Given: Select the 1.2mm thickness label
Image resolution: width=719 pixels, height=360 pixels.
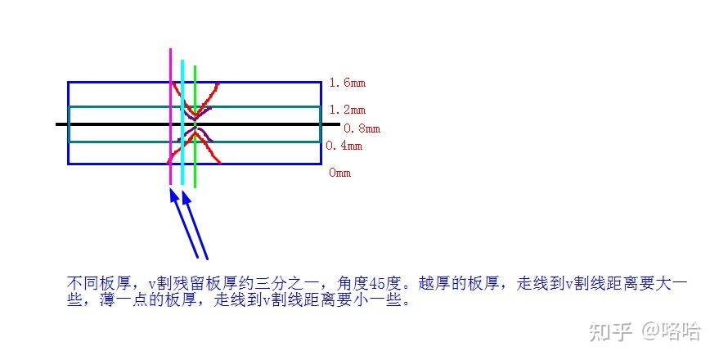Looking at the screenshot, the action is [x=347, y=110].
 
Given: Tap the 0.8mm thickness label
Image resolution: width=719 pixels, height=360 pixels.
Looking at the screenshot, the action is [x=362, y=128].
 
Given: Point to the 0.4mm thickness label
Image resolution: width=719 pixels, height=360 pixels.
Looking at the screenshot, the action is [x=344, y=146].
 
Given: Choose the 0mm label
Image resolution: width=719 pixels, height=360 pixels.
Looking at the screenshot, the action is [x=339, y=173].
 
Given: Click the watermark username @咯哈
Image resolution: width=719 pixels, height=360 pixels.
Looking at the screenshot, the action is [x=671, y=331].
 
